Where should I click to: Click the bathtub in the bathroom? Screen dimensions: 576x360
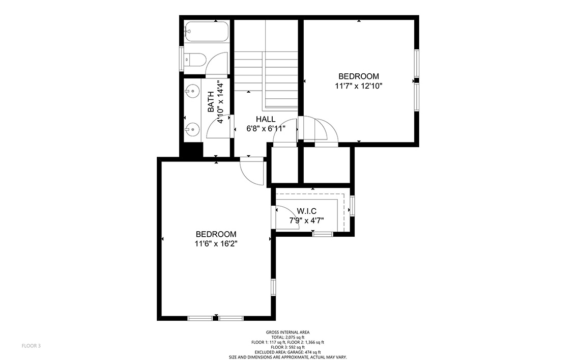click(x=207, y=32)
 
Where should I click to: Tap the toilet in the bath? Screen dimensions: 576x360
click(x=195, y=60)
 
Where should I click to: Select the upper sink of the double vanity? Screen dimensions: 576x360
click(x=192, y=91)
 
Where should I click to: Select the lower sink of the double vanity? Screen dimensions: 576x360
click(x=192, y=129)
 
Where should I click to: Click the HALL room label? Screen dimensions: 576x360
click(x=266, y=119)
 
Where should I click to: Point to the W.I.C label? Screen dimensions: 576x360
click(x=306, y=211)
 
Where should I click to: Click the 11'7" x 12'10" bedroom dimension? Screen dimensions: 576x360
click(x=359, y=86)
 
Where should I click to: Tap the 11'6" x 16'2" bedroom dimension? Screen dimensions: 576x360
click(x=216, y=243)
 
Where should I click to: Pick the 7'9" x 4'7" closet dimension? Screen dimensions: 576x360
click(x=306, y=220)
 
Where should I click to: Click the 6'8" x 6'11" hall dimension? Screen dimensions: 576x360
click(x=266, y=129)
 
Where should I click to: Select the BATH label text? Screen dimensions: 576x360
click(x=211, y=102)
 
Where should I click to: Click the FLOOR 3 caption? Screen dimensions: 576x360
click(x=31, y=346)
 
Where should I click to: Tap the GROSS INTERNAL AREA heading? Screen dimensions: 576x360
click(x=287, y=333)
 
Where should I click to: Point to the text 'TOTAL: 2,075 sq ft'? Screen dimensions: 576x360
click(x=287, y=337)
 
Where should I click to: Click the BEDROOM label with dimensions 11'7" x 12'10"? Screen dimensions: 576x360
click(x=359, y=76)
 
